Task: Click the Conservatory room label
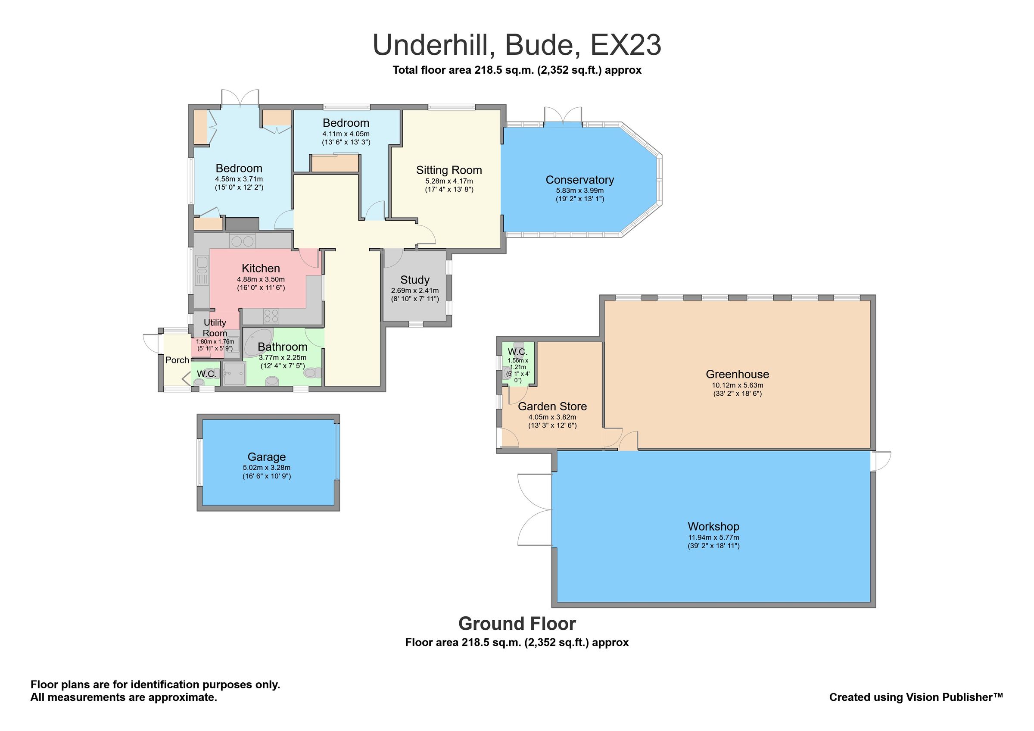[579, 180]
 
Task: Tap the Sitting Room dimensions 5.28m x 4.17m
[448, 181]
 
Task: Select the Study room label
[414, 280]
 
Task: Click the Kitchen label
[260, 269]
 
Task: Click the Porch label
[177, 360]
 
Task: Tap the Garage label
[266, 457]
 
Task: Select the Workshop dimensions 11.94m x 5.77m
[713, 537]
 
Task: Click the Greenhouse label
[737, 374]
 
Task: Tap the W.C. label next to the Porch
[206, 374]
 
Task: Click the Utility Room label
[215, 328]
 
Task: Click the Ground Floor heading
[517, 624]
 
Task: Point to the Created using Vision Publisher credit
[916, 697]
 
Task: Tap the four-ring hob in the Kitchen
[271, 316]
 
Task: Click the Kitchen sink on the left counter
[201, 266]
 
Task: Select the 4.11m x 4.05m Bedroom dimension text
[346, 134]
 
